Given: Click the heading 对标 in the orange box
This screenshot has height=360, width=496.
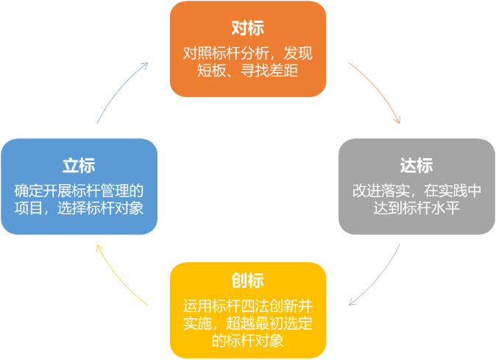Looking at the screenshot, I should click(x=247, y=29).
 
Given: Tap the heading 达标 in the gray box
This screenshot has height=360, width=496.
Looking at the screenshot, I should click(x=417, y=166).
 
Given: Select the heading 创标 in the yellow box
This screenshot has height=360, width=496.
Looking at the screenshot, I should click(x=247, y=281).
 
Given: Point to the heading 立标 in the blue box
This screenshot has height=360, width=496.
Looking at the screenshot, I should click(x=79, y=166).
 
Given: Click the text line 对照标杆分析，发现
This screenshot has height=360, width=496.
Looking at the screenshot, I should click(x=247, y=54).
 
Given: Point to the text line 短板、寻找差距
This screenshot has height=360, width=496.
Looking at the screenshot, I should click(x=247, y=71).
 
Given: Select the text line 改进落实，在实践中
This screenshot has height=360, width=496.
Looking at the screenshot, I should click(x=417, y=190).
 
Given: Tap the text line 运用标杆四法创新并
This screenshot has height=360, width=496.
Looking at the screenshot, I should click(x=247, y=306).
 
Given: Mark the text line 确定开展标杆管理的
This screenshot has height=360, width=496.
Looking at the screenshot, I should click(x=79, y=190).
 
